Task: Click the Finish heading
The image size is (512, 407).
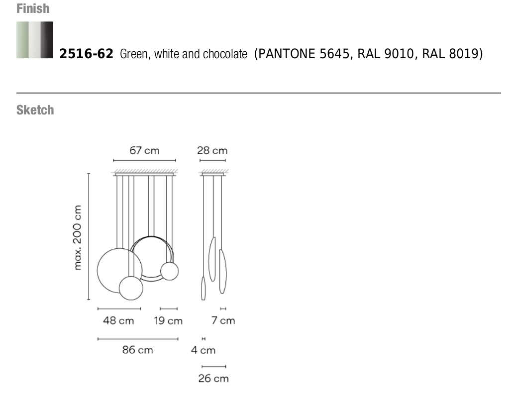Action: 33,8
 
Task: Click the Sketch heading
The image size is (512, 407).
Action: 35,110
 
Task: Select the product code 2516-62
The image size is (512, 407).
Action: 86,54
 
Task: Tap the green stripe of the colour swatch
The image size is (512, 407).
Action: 22,40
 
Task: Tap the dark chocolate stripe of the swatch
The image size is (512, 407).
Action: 47,40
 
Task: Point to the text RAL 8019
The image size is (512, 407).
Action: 450,54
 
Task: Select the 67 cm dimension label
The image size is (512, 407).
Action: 144,151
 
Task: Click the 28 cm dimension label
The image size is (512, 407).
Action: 212,151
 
